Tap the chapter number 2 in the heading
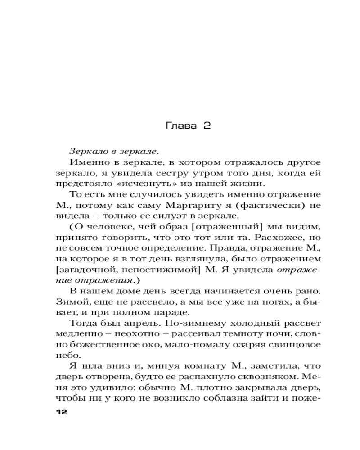tap(207, 126)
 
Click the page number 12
tap(60, 413)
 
